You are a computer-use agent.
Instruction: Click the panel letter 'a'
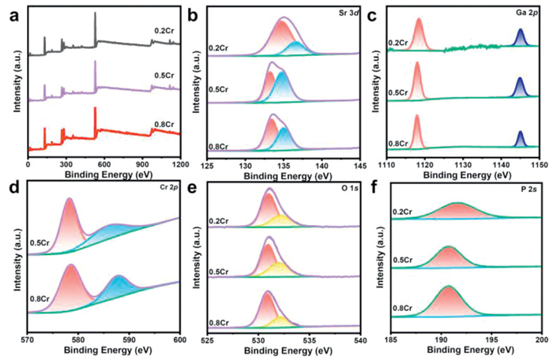(x=8, y=12)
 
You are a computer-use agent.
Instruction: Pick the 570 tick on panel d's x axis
(x=28, y=341)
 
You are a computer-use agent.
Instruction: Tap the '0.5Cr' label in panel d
(x=39, y=243)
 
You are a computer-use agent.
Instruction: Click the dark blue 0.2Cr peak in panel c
(x=520, y=37)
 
